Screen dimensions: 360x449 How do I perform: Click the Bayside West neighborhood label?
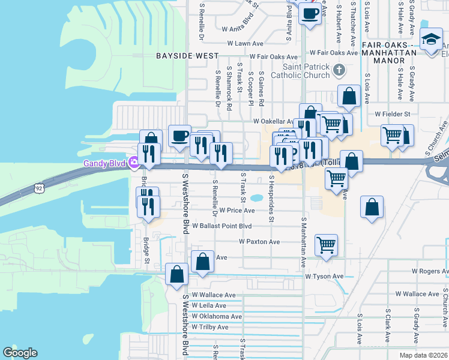(187, 55)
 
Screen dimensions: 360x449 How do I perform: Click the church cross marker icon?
(339, 70)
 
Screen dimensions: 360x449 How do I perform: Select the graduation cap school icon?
(430, 40)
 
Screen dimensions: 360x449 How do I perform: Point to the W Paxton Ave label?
(259, 241)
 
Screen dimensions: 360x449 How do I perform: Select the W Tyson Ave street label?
(324, 277)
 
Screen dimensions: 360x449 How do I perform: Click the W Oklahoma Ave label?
(217, 316)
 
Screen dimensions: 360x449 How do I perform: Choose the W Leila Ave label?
(209, 305)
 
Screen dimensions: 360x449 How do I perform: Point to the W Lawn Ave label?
(243, 44)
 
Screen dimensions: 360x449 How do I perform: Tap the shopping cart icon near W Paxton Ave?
(326, 244)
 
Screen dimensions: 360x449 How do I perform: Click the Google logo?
(20, 353)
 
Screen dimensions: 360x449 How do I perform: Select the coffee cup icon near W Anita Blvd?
(310, 13)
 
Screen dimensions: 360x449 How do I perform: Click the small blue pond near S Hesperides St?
(257, 197)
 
